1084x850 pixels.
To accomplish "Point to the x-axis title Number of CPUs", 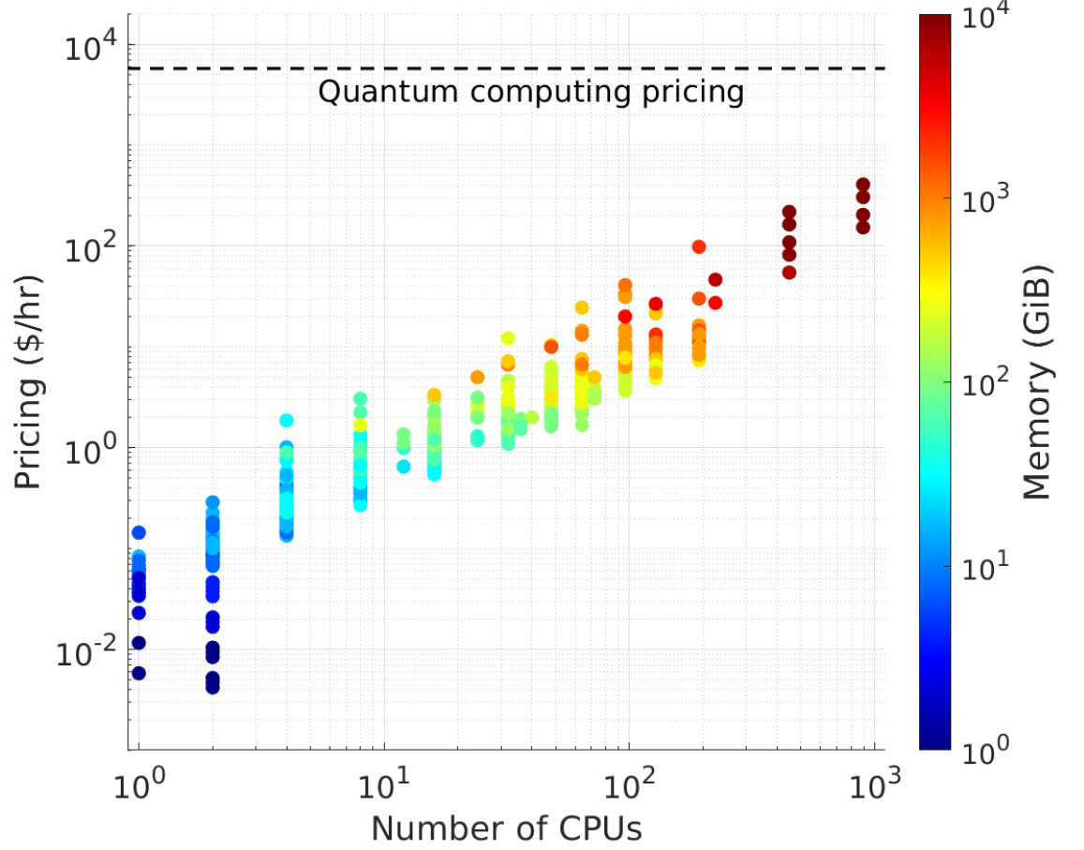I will click(x=506, y=828).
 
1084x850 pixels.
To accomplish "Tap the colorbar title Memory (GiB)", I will click(x=1036, y=381).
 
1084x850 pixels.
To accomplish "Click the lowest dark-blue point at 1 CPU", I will click(x=139, y=673).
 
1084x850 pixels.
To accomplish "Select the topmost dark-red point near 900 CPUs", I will click(x=863, y=185).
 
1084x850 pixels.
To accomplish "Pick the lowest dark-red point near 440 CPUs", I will click(x=789, y=273).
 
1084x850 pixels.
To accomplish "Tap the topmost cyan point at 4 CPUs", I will click(x=287, y=421).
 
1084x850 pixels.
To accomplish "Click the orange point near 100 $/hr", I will click(x=699, y=246).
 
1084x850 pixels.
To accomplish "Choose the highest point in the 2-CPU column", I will click(x=213, y=502).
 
